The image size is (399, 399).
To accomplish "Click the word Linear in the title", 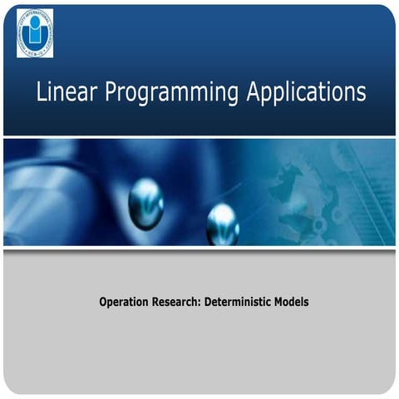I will [x=64, y=91].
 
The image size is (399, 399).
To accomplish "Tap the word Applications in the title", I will [x=306, y=93].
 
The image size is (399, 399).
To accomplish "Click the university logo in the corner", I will [x=35, y=33].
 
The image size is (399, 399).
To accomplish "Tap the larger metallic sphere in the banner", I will [x=145, y=202].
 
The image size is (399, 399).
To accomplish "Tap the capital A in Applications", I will [x=254, y=91].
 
